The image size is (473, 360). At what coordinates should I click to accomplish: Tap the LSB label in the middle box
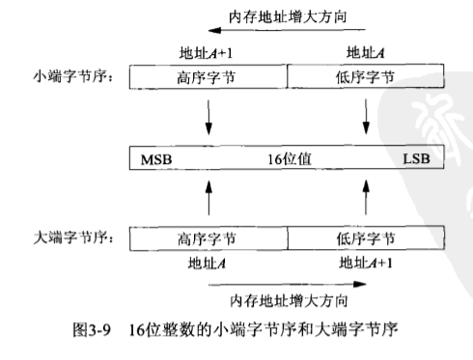[421, 155]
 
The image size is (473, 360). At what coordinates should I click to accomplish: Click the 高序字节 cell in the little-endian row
[209, 76]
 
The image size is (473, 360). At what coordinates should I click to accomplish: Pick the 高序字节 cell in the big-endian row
[209, 235]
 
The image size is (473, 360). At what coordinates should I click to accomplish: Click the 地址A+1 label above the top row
[209, 52]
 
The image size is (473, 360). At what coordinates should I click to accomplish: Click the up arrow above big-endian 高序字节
[209, 196]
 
